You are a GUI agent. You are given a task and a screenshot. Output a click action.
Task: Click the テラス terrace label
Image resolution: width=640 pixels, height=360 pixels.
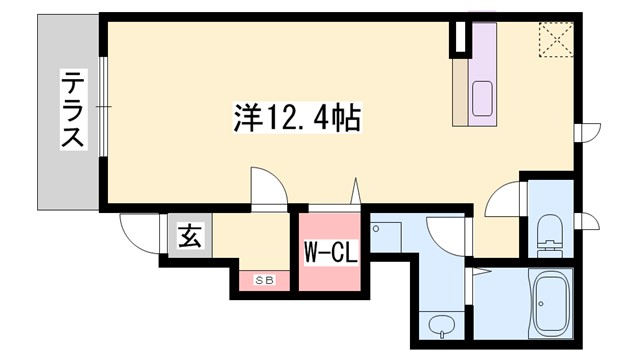click(72, 109)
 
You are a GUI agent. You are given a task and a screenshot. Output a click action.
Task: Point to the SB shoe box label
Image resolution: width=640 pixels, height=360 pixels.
click(263, 281)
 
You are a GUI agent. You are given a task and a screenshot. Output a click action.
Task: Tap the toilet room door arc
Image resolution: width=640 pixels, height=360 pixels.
click(503, 200)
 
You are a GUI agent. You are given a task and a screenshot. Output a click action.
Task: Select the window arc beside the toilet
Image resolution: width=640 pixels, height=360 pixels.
click(590, 222)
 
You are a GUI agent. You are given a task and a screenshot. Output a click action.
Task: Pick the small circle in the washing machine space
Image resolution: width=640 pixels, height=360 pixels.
click(375, 229)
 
